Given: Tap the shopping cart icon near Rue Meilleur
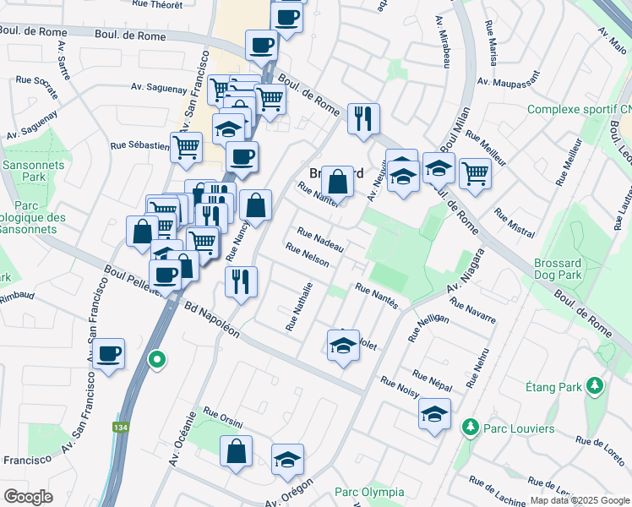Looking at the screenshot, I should coord(476,172).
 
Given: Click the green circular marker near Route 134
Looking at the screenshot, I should coord(156,360).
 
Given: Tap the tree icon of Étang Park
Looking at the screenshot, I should coord(596,386).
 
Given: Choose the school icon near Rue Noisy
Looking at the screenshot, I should coord(434,413).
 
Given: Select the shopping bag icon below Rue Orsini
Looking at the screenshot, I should coord(237,450).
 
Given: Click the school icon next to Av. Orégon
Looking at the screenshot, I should coord(287,459).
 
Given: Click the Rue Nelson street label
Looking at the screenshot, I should coord(307,255).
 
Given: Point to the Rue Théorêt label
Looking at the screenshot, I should coord(158,4).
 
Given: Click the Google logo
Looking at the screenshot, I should coord(28,497).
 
